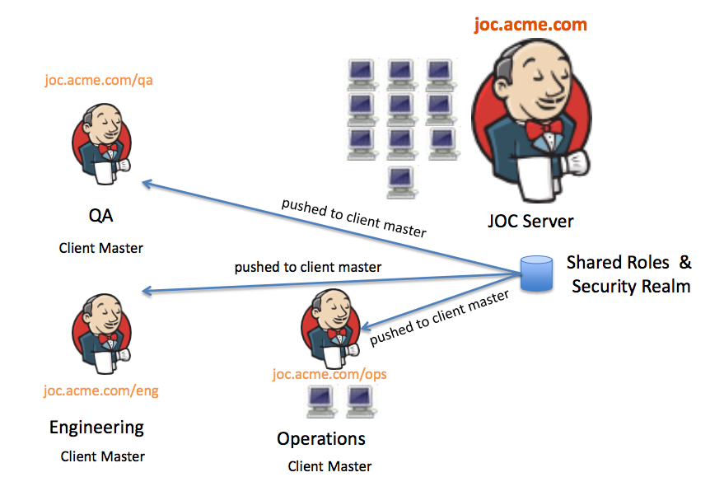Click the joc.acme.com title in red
[x=530, y=24]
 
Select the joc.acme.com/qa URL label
[x=99, y=80]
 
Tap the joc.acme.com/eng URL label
[x=100, y=390]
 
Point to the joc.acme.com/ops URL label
[x=329, y=374]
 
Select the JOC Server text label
[x=530, y=221]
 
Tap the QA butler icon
[x=100, y=143]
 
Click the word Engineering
[x=96, y=428]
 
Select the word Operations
[x=321, y=438]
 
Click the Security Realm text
[x=630, y=287]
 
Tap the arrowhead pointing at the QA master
[x=146, y=182]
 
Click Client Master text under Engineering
[x=102, y=456]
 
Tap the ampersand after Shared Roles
[x=685, y=263]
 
